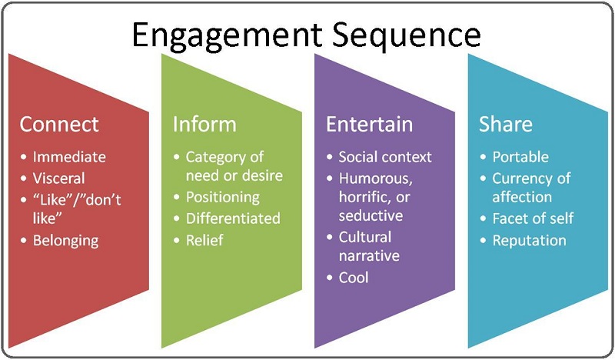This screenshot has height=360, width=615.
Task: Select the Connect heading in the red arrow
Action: click(x=59, y=125)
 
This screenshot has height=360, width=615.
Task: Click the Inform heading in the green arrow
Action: click(x=204, y=125)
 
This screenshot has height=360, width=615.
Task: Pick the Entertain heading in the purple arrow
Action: click(x=370, y=125)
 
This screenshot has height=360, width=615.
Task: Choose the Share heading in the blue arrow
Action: click(x=506, y=125)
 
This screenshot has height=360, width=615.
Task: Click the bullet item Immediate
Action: click(x=69, y=157)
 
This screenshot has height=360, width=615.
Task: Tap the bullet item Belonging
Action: click(x=65, y=240)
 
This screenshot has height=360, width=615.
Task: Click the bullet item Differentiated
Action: click(x=233, y=218)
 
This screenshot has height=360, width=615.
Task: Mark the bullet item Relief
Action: click(x=204, y=240)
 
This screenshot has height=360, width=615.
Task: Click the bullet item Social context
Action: click(x=385, y=157)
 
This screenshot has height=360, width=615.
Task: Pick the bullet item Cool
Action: click(x=354, y=277)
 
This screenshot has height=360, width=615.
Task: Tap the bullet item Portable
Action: click(x=520, y=157)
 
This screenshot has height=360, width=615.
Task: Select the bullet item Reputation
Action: click(x=529, y=240)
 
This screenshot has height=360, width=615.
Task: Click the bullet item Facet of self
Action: click(x=533, y=218)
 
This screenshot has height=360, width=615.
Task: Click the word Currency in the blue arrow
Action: click(x=523, y=178)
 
